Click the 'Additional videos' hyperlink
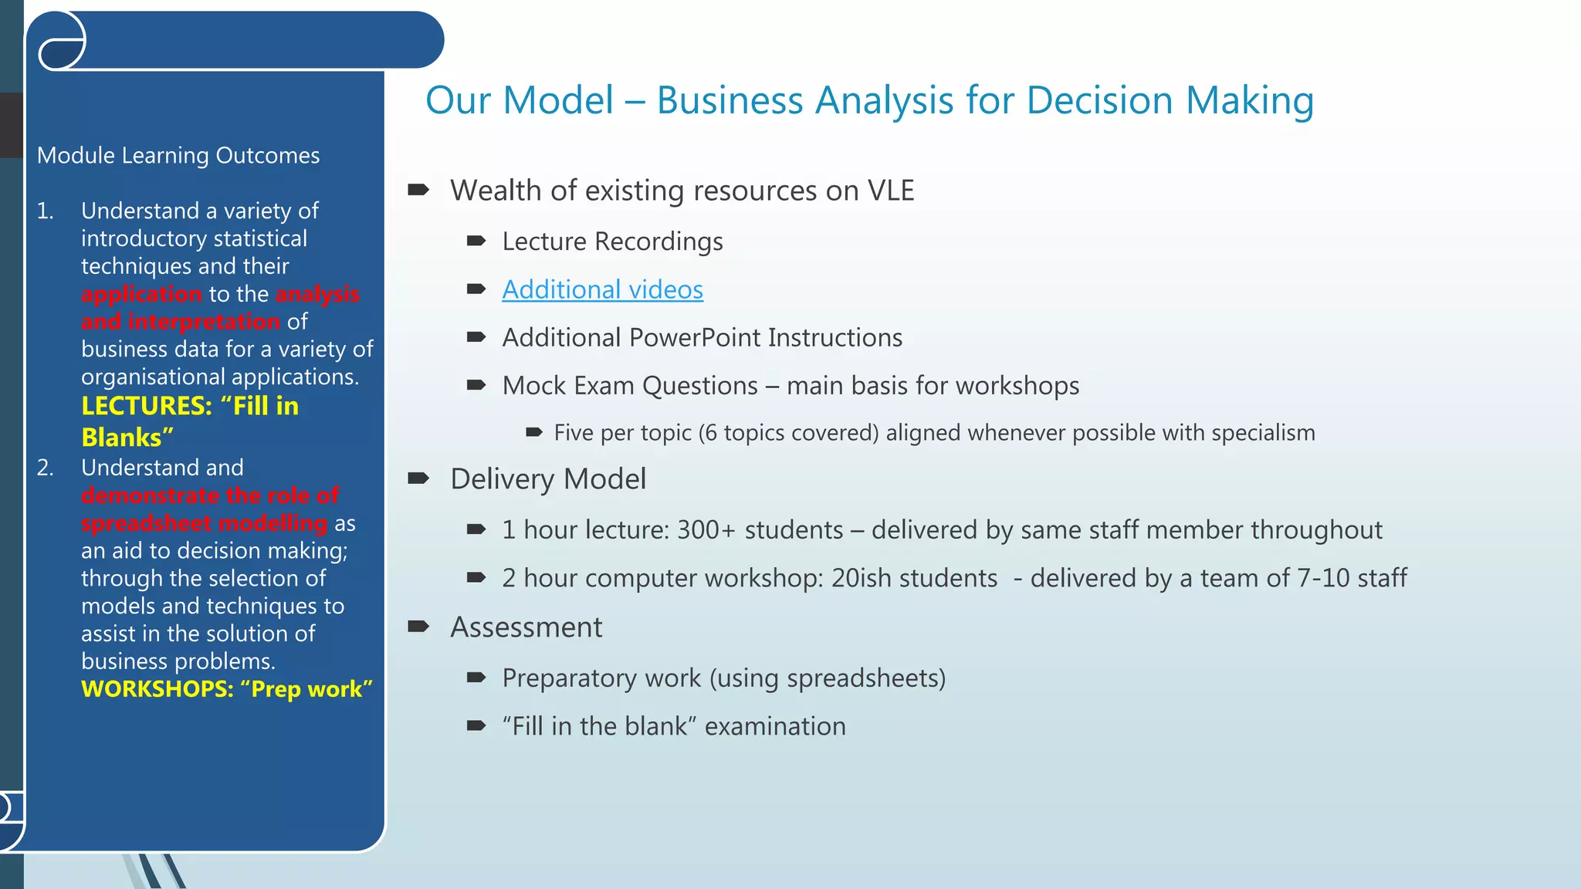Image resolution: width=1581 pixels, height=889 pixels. tap(602, 290)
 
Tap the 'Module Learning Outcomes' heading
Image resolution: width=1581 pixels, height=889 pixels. tap(178, 156)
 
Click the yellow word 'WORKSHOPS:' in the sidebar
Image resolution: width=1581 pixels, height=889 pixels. tap(157, 689)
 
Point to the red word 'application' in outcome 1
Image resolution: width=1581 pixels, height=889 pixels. tap(141, 294)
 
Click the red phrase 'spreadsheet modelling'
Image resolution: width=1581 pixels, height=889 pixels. tap(204, 523)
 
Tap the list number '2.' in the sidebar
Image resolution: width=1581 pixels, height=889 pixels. tap(46, 468)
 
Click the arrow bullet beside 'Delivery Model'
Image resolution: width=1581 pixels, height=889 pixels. tap(418, 478)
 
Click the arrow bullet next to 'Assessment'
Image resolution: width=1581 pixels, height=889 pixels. tap(418, 627)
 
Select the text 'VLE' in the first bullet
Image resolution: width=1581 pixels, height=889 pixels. tap(890, 191)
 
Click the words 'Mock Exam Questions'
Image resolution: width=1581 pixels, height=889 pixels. tap(630, 386)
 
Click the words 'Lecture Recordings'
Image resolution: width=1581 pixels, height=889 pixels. tap(612, 242)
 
